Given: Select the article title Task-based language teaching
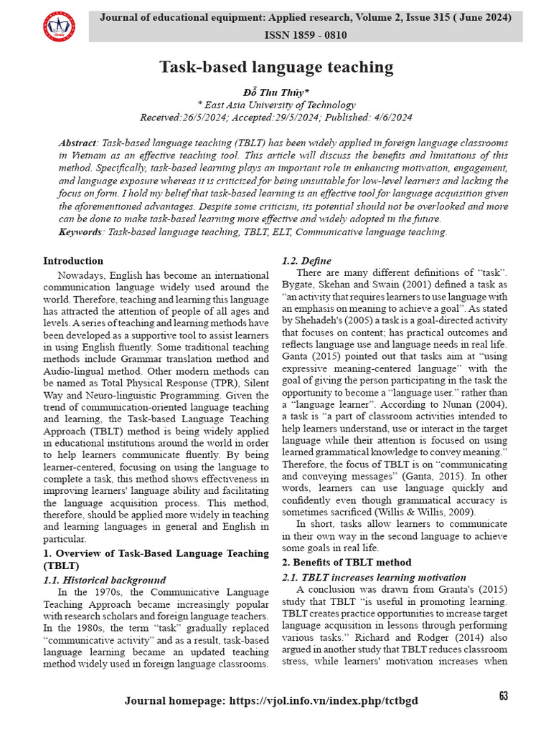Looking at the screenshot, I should click(x=275, y=67).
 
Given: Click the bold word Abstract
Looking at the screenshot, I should click(x=77, y=143).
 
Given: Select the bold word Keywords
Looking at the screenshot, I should click(x=81, y=232).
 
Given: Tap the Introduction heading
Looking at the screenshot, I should click(x=73, y=261).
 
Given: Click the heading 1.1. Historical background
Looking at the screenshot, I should click(x=105, y=580).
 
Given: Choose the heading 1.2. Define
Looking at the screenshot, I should click(x=306, y=261).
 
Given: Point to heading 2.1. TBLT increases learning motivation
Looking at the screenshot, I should click(x=374, y=577).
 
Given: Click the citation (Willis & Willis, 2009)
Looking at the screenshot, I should click(x=408, y=512).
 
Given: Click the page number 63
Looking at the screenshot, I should click(x=503, y=696).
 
